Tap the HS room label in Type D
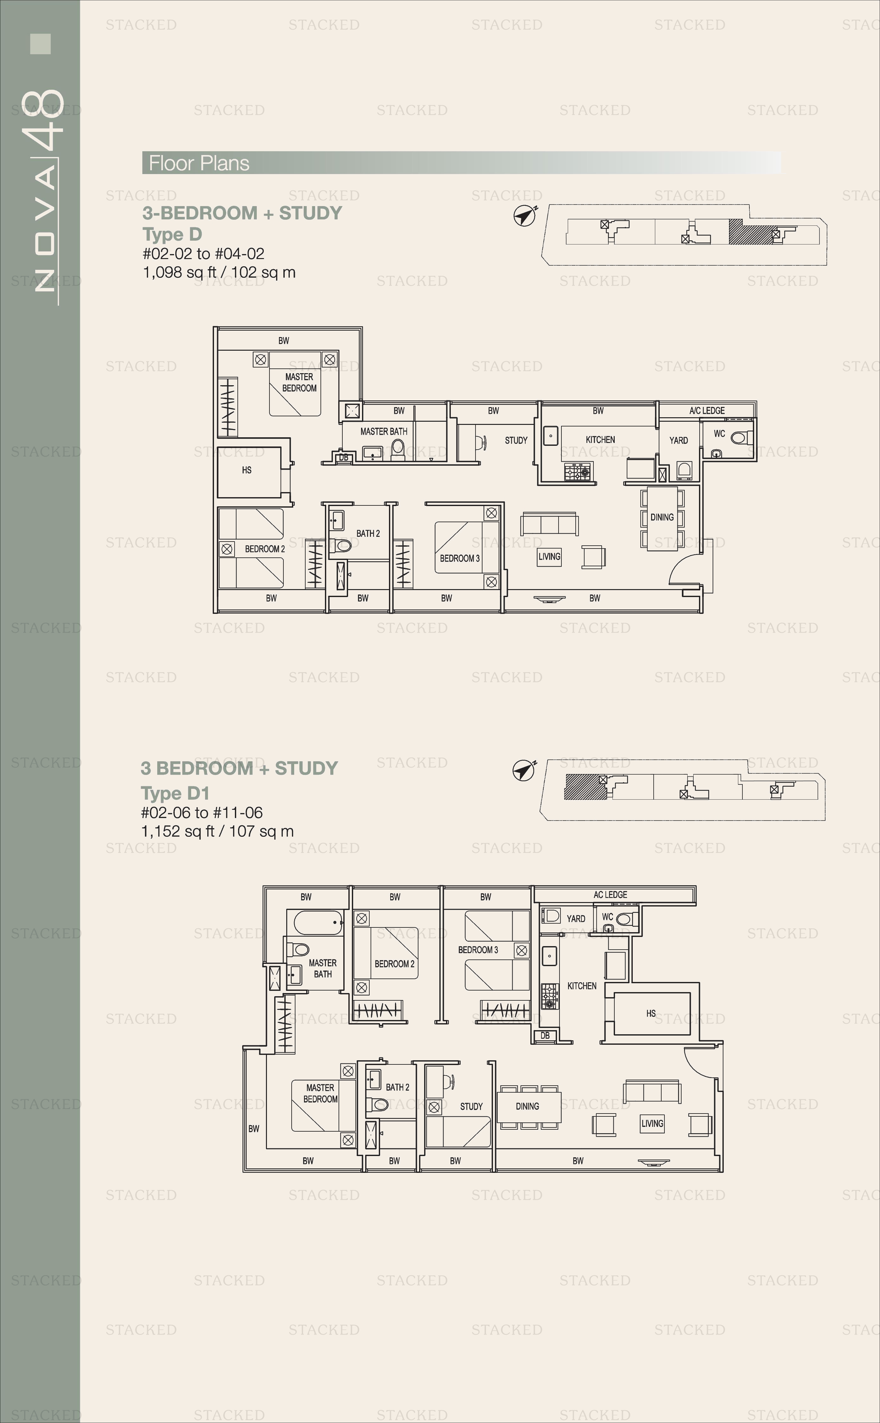247,470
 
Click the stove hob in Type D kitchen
577,471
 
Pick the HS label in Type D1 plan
651,1013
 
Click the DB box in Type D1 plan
545,1036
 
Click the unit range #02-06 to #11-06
202,812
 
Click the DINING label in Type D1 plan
527,1106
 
